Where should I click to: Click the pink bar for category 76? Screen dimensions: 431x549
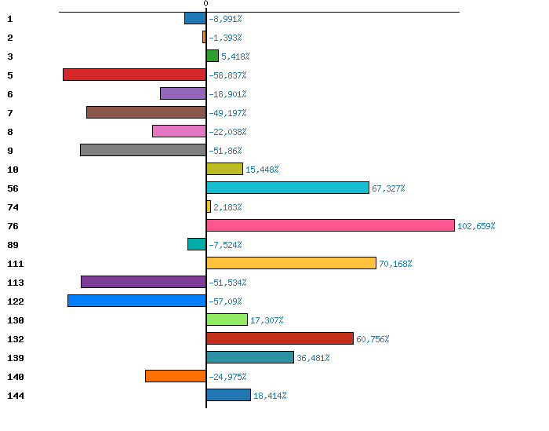coord(330,225)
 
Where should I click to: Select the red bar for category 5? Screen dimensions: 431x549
coord(134,75)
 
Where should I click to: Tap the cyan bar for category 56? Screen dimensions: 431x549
coord(287,188)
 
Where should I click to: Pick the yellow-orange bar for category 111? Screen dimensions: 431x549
coord(291,263)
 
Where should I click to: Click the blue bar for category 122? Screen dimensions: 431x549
coord(136,301)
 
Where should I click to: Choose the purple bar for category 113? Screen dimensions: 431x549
coord(144,282)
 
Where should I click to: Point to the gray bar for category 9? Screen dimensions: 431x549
coord(143,150)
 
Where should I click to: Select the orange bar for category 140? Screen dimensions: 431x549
coord(176,376)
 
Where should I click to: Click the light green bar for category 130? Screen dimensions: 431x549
coord(227,320)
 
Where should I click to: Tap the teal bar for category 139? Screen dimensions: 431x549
coord(249,357)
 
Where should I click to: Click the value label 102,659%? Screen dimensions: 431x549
coord(476,226)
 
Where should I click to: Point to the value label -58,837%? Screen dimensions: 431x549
coord(228,75)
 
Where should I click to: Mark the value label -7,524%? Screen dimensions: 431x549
coord(226,245)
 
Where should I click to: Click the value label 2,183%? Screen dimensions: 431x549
coord(227,207)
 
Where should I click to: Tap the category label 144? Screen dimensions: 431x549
coord(15,396)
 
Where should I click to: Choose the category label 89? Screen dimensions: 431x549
coord(12,245)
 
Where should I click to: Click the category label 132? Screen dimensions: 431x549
coord(15,339)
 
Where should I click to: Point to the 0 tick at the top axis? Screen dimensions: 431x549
coord(205,4)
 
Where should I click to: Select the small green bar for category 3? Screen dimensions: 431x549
coord(213,56)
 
